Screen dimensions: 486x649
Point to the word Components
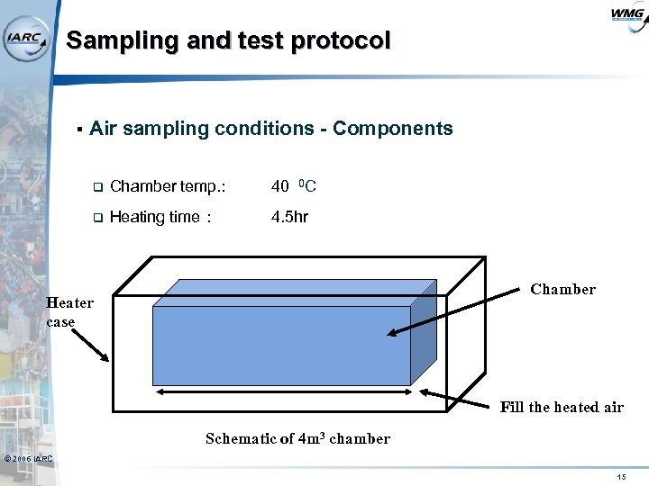(x=393, y=129)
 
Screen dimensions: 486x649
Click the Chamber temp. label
(x=167, y=187)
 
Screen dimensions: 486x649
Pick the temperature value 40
(x=280, y=187)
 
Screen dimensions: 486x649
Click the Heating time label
(x=160, y=217)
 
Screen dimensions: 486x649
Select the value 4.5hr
(x=290, y=217)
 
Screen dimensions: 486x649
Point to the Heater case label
(x=69, y=312)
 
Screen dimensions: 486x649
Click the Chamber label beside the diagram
(x=562, y=289)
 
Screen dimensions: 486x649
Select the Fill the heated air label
(x=562, y=407)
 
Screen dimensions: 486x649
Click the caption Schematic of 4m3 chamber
(x=297, y=439)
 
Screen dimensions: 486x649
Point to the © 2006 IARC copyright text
(x=28, y=460)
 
